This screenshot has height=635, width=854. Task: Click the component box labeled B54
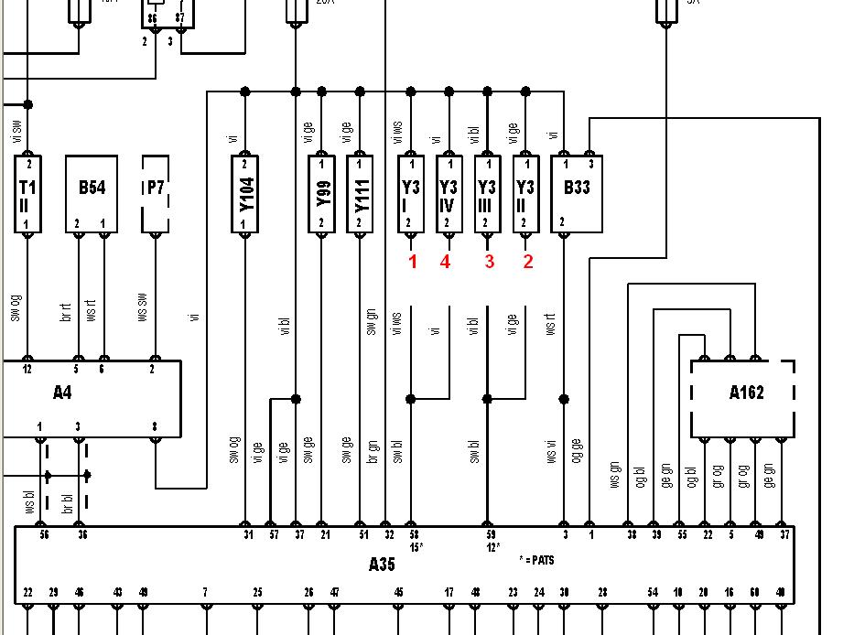pyautogui.click(x=92, y=194)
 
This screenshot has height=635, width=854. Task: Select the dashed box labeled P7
pyautogui.click(x=156, y=194)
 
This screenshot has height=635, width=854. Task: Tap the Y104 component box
pyautogui.click(x=244, y=194)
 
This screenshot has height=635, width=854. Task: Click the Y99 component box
pyautogui.click(x=321, y=194)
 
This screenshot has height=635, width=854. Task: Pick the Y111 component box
pyautogui.click(x=360, y=194)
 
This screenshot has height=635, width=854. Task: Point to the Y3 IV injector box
pyautogui.click(x=449, y=194)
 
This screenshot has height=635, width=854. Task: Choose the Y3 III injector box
pyautogui.click(x=487, y=194)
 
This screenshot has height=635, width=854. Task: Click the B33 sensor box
pyautogui.click(x=577, y=194)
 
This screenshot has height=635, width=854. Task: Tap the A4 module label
pyautogui.click(x=62, y=393)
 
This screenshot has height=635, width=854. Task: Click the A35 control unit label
pyautogui.click(x=382, y=564)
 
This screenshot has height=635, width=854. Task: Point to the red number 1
pyautogui.click(x=413, y=263)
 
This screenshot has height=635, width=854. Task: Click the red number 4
pyautogui.click(x=445, y=263)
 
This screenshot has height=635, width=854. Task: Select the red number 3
pyautogui.click(x=490, y=263)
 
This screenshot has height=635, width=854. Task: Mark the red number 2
pyautogui.click(x=527, y=263)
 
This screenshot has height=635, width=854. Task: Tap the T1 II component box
pyautogui.click(x=28, y=194)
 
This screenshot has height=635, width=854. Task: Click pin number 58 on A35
pyautogui.click(x=414, y=535)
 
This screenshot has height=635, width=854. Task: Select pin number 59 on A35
pyautogui.click(x=490, y=535)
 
